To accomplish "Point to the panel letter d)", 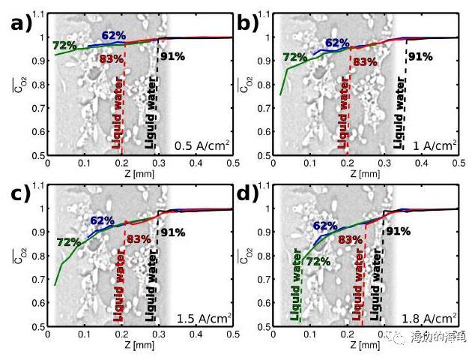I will point(248,194).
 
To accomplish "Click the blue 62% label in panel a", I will point(114,34).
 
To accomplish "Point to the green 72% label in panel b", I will point(294,57).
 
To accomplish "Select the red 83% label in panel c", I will point(139,239).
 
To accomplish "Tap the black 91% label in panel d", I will point(397,231).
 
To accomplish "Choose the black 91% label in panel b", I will point(420,56).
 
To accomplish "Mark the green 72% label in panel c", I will point(68,242).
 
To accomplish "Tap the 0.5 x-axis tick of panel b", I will point(457,162).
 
